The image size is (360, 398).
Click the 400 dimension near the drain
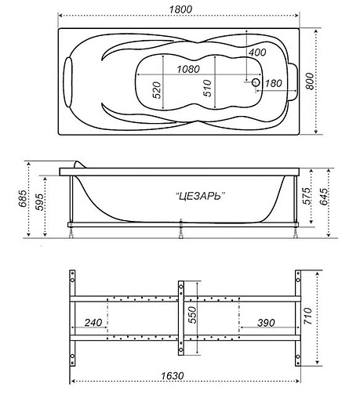(x=258, y=52)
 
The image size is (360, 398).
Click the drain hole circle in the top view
(x=256, y=80)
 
